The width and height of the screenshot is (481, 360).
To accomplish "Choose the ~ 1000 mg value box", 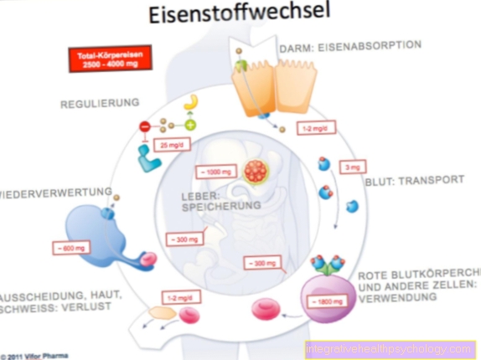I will click(214, 171).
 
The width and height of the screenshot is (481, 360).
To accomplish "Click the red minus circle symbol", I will click(144, 126).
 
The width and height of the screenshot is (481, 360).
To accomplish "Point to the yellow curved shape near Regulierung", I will click(191, 101).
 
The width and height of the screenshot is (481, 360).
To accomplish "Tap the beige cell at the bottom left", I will click(162, 313).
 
